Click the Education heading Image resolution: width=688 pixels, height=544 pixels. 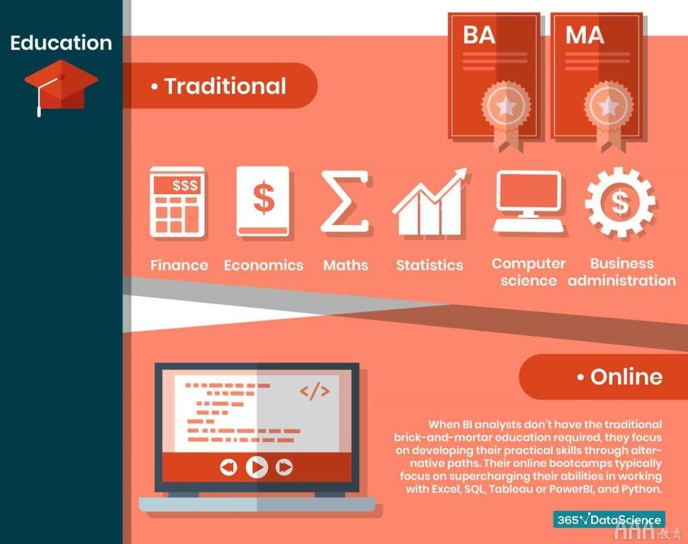(x=61, y=43)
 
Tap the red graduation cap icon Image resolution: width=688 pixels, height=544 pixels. (x=61, y=86)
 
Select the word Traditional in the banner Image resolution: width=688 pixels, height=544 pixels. (x=225, y=86)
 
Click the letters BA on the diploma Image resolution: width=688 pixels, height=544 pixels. (x=479, y=35)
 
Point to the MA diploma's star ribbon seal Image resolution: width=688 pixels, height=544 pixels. (x=608, y=115)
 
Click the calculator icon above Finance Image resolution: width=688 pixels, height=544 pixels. (x=177, y=202)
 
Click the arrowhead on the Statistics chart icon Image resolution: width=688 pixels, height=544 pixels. (x=460, y=175)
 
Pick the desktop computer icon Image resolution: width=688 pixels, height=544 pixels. (x=529, y=201)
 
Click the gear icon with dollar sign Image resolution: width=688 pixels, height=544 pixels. (x=620, y=202)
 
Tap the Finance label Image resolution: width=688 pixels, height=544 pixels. (x=179, y=265)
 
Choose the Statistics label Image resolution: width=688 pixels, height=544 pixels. (x=429, y=265)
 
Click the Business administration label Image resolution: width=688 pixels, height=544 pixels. (x=621, y=272)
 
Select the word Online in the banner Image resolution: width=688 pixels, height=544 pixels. (x=626, y=377)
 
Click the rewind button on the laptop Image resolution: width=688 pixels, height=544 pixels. (x=228, y=467)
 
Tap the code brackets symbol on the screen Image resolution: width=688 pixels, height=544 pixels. (x=314, y=392)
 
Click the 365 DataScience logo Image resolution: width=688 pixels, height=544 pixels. (x=609, y=520)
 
